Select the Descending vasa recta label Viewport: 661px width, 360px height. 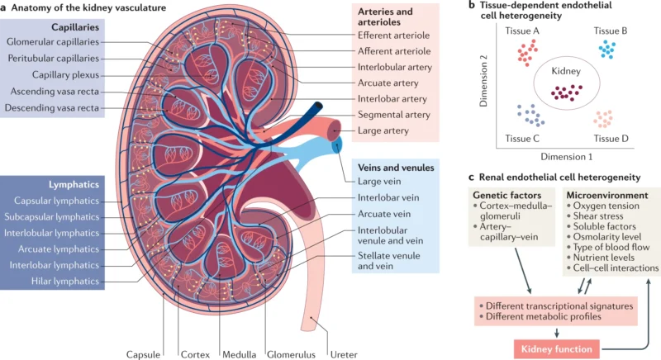(x=52, y=108)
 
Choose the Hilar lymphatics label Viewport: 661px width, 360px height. (x=55, y=281)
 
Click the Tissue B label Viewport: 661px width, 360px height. (x=611, y=30)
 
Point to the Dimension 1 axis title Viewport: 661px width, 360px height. (x=568, y=154)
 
